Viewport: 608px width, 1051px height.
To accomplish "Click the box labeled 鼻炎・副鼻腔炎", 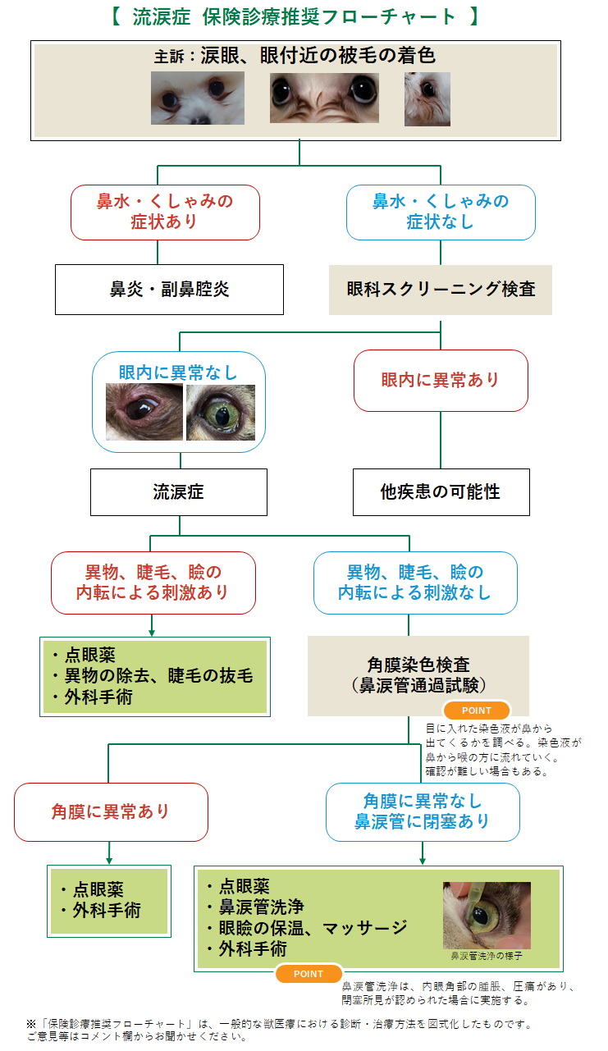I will pos(169,290).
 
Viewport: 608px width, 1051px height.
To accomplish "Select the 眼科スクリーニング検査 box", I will pos(441,290).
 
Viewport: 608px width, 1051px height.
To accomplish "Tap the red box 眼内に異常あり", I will pos(441,381).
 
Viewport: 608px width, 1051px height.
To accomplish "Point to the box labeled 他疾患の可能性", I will pos(441,491).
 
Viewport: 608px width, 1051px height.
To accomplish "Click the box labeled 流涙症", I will pos(178,491).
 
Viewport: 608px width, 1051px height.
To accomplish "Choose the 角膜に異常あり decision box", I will pos(111,811).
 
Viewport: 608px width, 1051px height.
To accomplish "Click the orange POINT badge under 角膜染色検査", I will pos(477,711).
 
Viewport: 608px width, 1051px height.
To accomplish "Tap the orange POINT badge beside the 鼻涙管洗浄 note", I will pos(309,974).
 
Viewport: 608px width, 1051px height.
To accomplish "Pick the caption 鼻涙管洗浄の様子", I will pos(487,957).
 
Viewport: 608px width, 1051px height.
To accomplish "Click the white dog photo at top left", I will pos(198,98).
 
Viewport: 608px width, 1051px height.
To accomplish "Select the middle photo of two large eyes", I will pos(324,98).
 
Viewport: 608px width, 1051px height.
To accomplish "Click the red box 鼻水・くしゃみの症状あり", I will pos(165,212).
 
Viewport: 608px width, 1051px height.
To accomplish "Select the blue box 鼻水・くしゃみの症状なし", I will pos(441,212).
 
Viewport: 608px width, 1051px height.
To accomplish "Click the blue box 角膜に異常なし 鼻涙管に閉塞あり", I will pos(423,811).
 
